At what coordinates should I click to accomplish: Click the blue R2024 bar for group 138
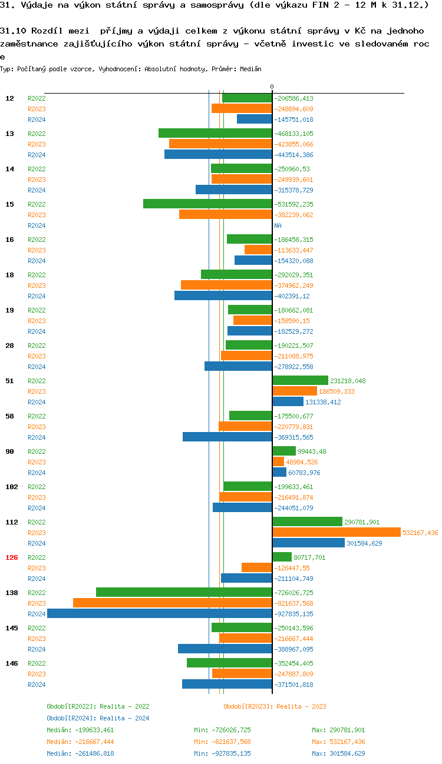click(x=159, y=613)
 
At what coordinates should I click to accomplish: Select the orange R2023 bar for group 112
click(x=336, y=532)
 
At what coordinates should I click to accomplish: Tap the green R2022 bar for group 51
click(x=300, y=380)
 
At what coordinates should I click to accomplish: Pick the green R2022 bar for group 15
click(x=207, y=204)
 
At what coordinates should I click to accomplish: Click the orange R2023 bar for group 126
click(x=256, y=567)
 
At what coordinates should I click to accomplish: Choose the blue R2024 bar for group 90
click(x=279, y=472)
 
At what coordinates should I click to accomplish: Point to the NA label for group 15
click(x=278, y=225)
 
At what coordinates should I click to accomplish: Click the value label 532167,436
click(x=420, y=533)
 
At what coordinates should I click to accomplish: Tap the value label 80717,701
click(x=309, y=557)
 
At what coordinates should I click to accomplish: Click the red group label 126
click(x=12, y=557)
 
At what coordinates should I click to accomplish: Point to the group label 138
click(x=12, y=593)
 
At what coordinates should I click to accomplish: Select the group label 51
click(x=9, y=381)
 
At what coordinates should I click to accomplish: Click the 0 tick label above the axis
click(x=272, y=87)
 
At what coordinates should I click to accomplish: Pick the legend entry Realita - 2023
click(x=275, y=706)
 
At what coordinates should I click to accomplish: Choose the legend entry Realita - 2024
click(x=98, y=718)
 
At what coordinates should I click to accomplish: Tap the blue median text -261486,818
click(x=81, y=753)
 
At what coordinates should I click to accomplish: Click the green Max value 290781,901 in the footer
click(x=338, y=730)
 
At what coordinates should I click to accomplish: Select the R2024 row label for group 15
click(x=37, y=225)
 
